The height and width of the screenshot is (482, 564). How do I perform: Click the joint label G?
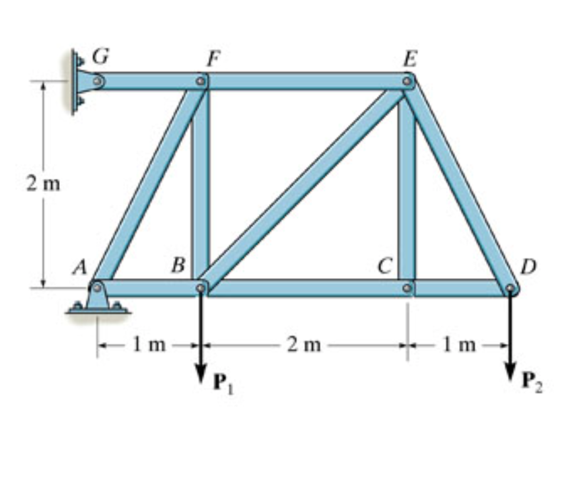[100, 58]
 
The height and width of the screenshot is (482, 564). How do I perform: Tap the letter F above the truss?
[212, 59]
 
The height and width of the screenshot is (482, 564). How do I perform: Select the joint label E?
[409, 59]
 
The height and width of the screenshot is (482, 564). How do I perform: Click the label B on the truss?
[178, 266]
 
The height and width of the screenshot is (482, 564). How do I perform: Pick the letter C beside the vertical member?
[384, 267]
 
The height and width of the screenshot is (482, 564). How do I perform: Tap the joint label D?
[528, 267]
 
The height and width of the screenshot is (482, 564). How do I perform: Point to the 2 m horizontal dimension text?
[302, 345]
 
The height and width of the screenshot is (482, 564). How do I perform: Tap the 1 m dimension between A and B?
[148, 345]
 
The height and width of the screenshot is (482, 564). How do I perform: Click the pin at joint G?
[98, 81]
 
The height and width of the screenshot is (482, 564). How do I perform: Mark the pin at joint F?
[201, 81]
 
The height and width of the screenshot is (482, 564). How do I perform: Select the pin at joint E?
[407, 81]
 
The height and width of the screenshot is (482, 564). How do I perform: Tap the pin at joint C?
[407, 288]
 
